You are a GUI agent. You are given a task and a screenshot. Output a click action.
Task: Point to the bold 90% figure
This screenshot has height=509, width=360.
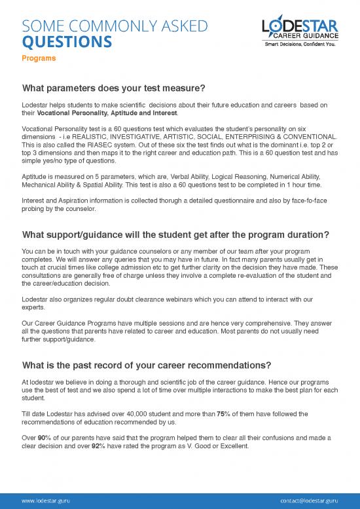(45, 436)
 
